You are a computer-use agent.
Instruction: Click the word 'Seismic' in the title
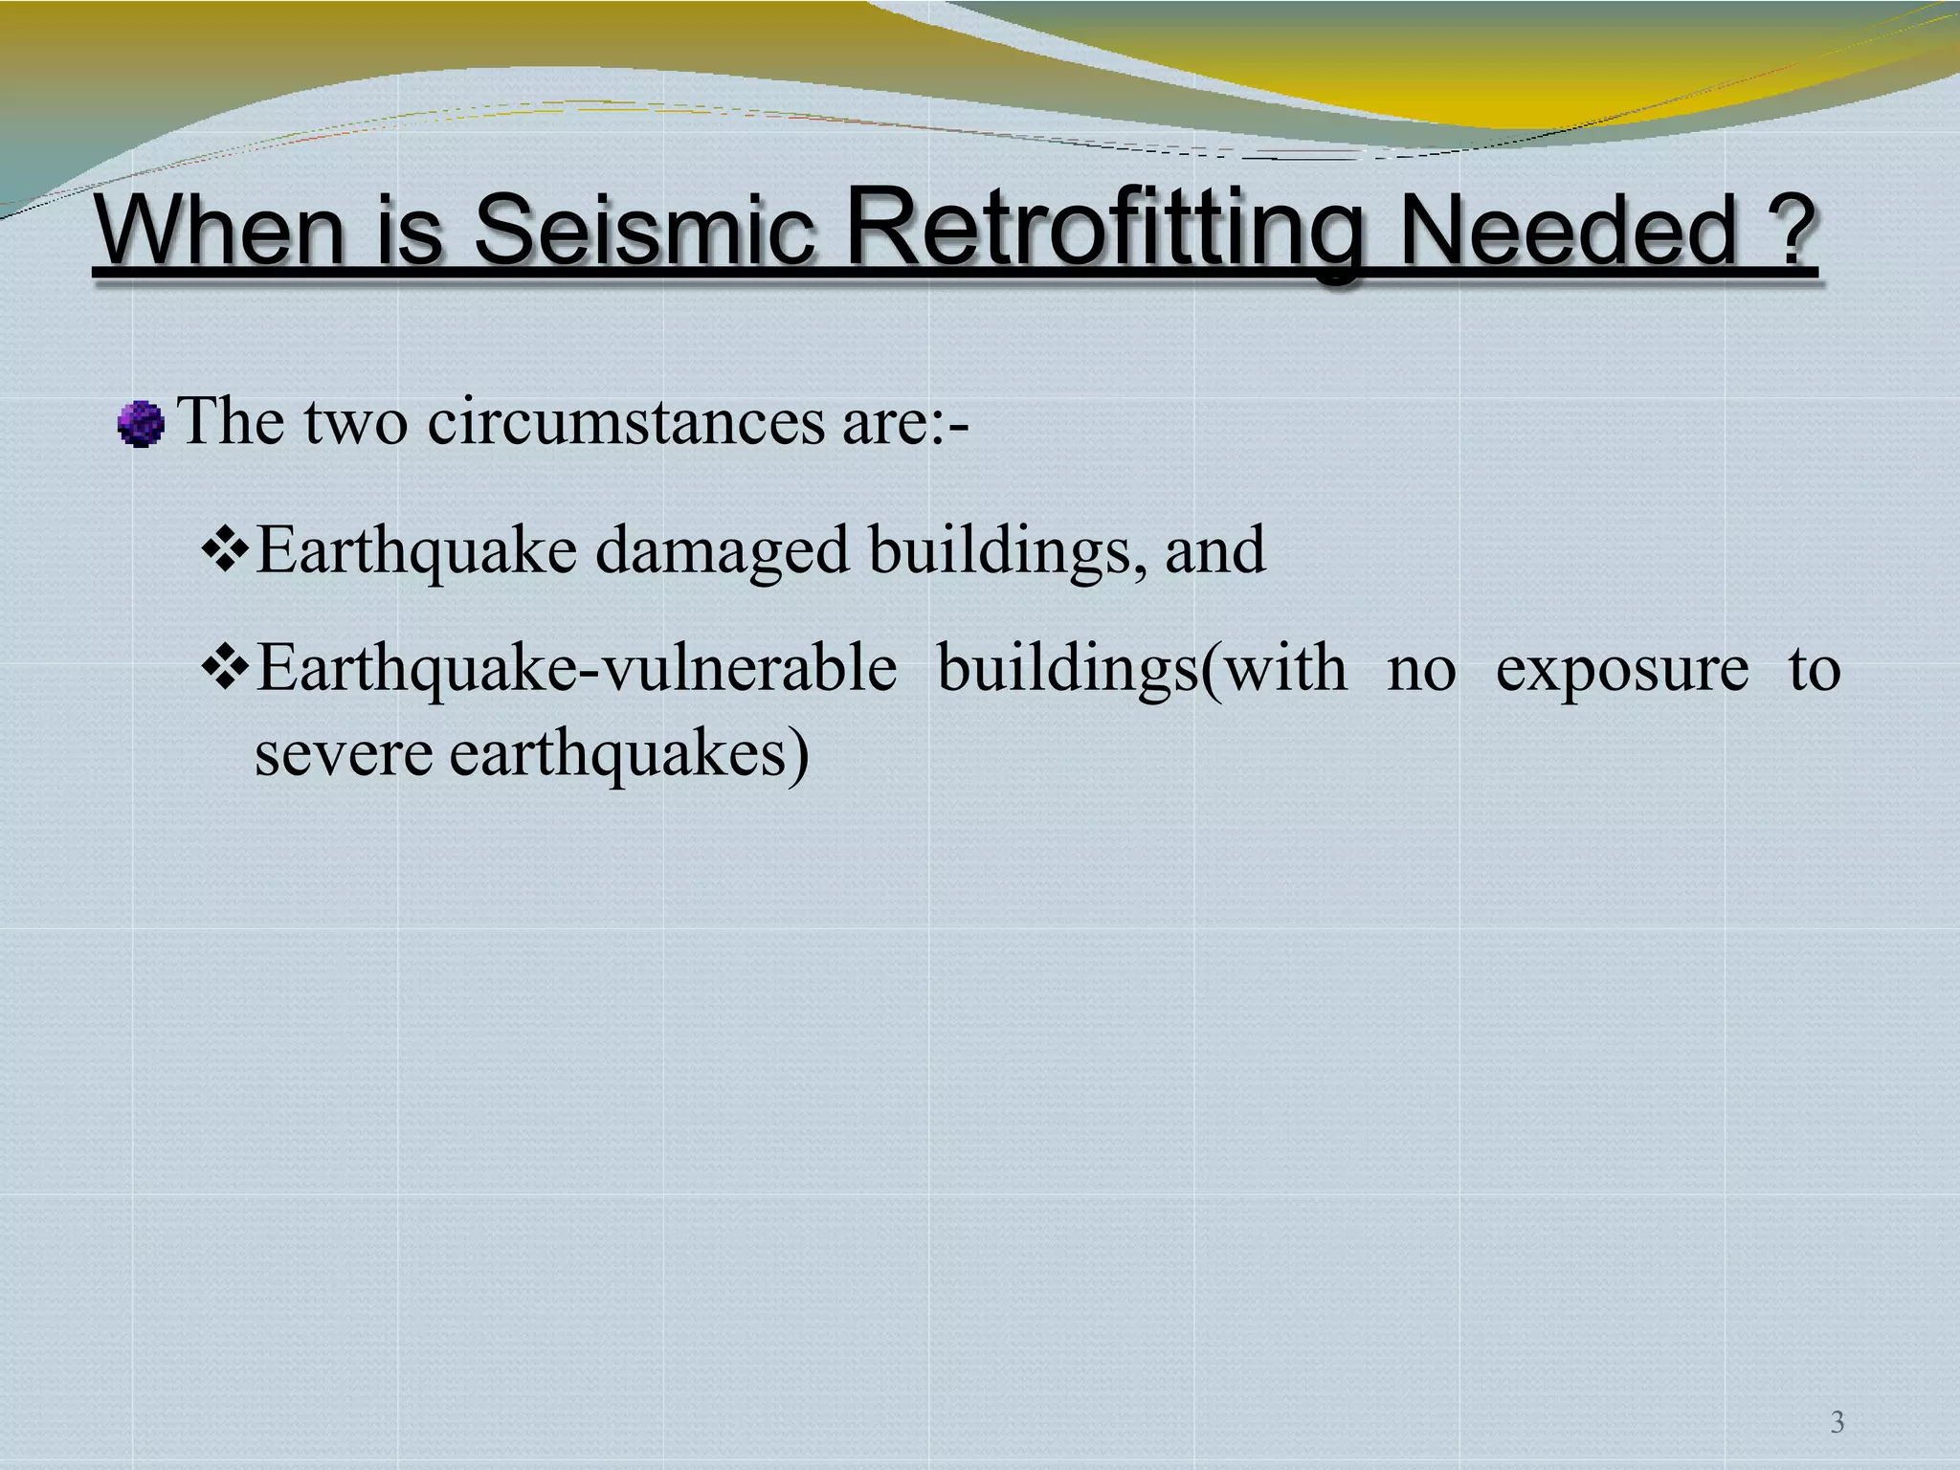point(643,230)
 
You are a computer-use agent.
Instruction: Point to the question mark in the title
point(1787,230)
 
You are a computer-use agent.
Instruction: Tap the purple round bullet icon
point(141,424)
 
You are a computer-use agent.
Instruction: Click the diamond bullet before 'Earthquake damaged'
point(226,551)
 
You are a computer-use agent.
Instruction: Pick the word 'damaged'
point(723,551)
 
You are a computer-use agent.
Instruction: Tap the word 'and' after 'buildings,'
point(1215,551)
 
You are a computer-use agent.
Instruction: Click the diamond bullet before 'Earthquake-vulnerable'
point(226,668)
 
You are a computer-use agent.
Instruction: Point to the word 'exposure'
point(1621,668)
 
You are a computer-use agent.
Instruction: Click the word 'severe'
point(344,754)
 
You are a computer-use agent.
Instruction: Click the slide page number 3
point(1837,1422)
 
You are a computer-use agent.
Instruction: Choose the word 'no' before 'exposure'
point(1421,668)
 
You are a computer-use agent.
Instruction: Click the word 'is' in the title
point(409,230)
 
